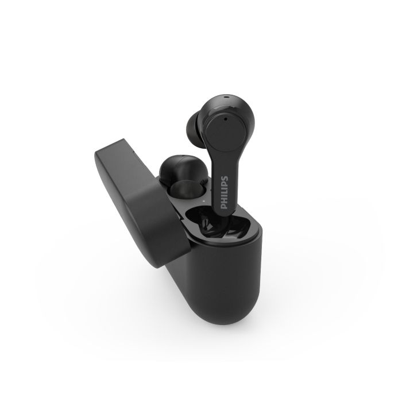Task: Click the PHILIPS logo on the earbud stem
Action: pyautogui.click(x=225, y=192)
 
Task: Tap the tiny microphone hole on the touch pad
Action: pyautogui.click(x=225, y=119)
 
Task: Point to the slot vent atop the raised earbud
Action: pyautogui.click(x=226, y=97)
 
